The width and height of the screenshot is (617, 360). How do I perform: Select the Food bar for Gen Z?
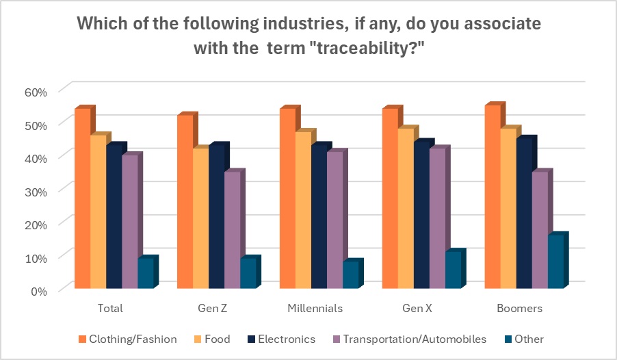click(200, 219)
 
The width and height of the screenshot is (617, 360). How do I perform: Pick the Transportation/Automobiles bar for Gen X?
click(437, 219)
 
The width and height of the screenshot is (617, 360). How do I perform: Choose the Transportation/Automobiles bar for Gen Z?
click(232, 231)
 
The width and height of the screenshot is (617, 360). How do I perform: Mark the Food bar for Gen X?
click(406, 209)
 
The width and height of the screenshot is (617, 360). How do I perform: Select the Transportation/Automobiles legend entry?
click(414, 339)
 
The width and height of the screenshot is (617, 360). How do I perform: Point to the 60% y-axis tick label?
click(36, 92)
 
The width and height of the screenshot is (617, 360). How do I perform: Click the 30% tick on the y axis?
click(36, 191)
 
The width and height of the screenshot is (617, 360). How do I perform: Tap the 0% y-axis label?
click(40, 290)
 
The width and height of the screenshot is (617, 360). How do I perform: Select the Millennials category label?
click(319, 308)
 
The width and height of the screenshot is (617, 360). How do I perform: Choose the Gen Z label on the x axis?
click(216, 308)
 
